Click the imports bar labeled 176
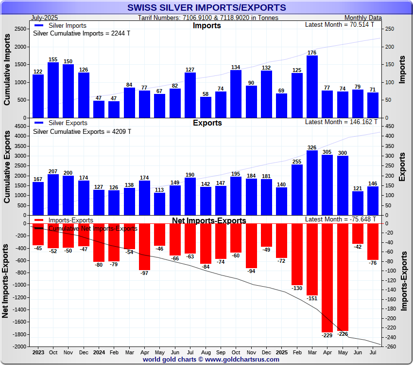point(312,87)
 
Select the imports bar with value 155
point(53,90)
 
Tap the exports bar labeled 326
point(312,182)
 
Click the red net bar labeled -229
point(327,277)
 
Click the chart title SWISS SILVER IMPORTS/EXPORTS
point(206,8)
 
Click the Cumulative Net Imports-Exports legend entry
point(92,228)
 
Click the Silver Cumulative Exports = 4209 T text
point(82,131)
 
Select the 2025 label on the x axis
point(281,352)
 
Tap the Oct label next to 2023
point(53,352)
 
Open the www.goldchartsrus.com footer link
point(242,360)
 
